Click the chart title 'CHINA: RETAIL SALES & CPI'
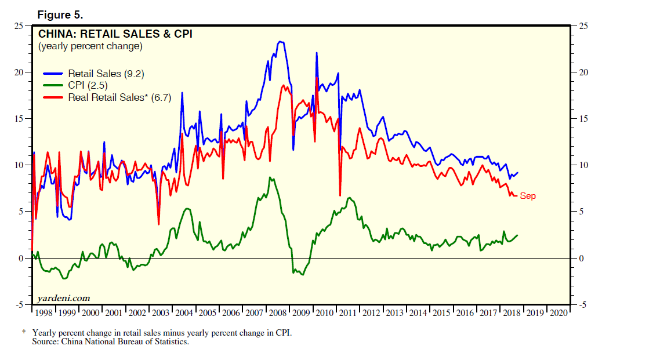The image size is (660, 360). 115,34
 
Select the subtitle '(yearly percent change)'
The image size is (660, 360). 90,46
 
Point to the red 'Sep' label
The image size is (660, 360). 528,196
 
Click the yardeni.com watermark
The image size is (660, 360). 64,298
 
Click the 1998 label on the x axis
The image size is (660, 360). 43,312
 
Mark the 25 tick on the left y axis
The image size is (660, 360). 19,26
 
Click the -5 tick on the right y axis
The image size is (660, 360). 582,304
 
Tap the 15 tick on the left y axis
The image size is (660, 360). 19,119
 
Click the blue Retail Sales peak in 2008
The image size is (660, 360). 281,42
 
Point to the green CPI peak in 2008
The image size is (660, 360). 270,177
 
